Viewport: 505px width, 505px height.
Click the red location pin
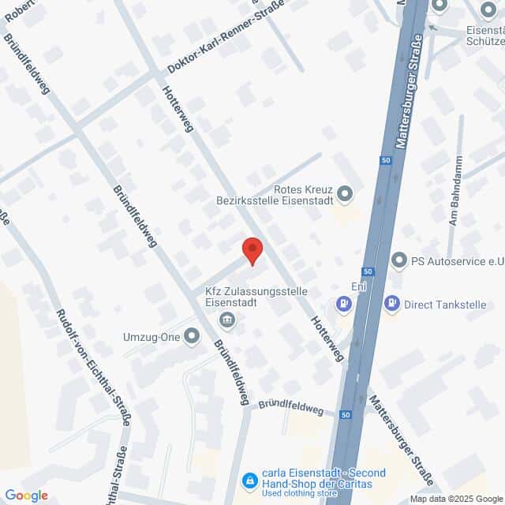click(252, 249)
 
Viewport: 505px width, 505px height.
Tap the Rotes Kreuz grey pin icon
click(345, 193)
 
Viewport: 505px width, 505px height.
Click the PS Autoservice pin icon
click(400, 260)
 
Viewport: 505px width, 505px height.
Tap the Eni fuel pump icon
click(343, 303)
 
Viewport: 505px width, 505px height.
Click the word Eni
click(358, 287)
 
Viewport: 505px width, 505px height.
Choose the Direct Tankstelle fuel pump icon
click(391, 303)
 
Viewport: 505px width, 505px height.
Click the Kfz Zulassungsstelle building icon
click(227, 319)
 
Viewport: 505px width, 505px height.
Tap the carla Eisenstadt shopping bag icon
click(250, 479)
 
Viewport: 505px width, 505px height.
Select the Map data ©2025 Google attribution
click(456, 499)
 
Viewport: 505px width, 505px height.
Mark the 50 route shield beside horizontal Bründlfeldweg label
click(346, 414)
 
